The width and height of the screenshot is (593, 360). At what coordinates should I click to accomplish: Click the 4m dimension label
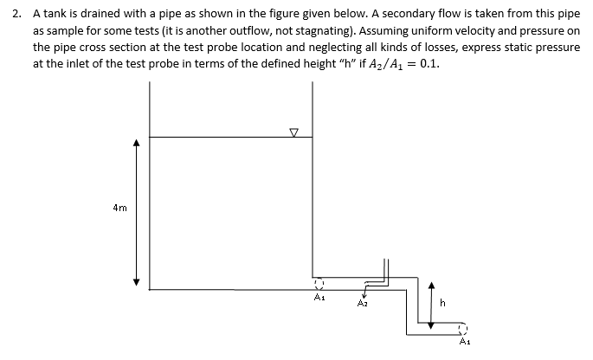point(120,208)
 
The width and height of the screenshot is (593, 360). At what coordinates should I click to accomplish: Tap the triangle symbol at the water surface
point(294,132)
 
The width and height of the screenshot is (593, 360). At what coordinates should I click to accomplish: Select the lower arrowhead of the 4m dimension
point(136,283)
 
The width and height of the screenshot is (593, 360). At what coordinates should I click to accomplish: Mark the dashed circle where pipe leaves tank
point(318,282)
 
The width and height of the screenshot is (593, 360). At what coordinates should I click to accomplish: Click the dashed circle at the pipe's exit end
point(464,327)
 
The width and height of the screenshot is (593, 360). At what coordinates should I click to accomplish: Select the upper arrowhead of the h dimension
point(431,283)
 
